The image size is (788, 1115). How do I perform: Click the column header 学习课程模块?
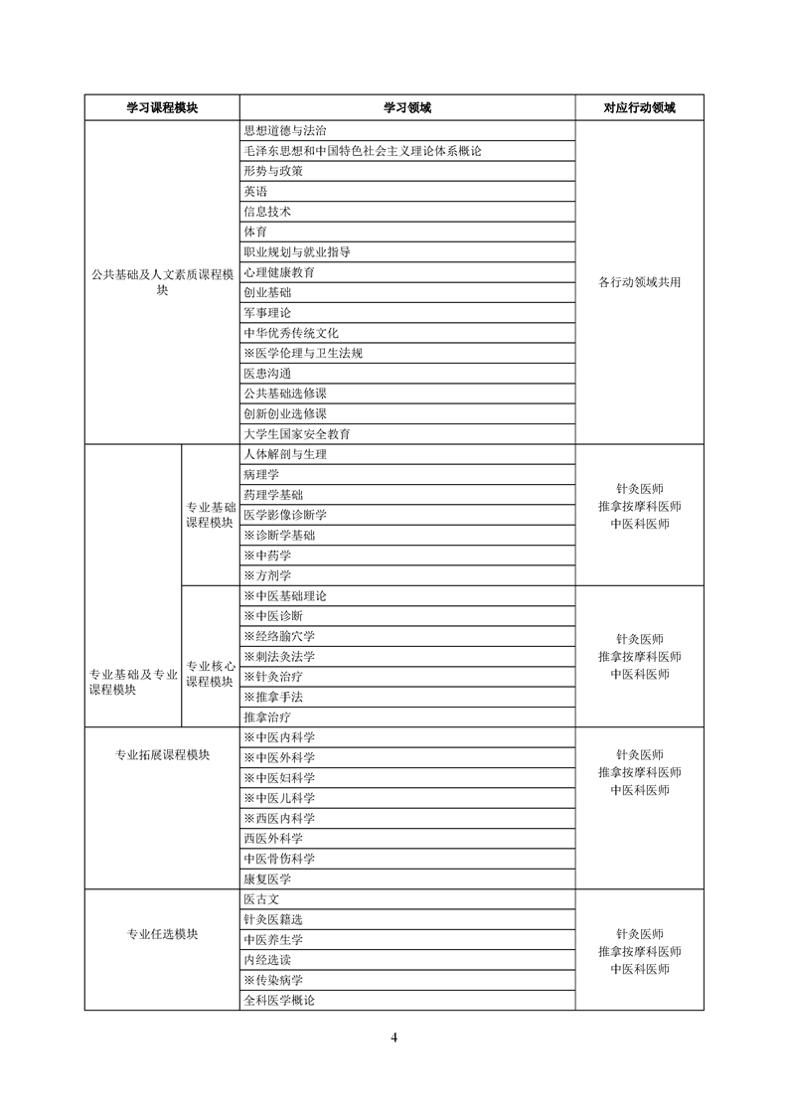(162, 107)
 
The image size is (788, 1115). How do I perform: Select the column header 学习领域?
(406, 107)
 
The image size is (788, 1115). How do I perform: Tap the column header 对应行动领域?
(639, 107)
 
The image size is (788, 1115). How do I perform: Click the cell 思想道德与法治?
(285, 130)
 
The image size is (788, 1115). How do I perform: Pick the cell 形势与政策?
(273, 171)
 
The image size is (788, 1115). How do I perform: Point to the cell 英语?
(255, 191)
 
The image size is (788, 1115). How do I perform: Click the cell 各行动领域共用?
(639, 282)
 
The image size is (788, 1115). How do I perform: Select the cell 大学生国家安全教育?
(297, 434)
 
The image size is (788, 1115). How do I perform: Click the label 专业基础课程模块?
(210, 515)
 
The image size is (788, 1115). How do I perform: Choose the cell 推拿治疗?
(267, 717)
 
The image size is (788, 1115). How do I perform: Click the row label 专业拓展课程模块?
(162, 754)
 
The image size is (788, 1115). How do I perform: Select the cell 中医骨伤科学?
(279, 859)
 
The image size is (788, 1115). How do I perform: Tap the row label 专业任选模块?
(162, 934)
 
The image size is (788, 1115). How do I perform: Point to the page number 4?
(394, 1038)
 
